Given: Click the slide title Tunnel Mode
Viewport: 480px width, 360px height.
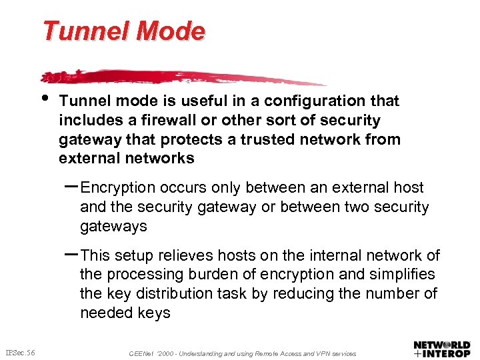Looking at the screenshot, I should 124,31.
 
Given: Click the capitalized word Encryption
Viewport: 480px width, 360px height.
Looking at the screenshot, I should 125,188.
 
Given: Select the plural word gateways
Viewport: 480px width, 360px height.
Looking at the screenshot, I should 113,227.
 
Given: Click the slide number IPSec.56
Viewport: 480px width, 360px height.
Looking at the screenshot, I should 21,352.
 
